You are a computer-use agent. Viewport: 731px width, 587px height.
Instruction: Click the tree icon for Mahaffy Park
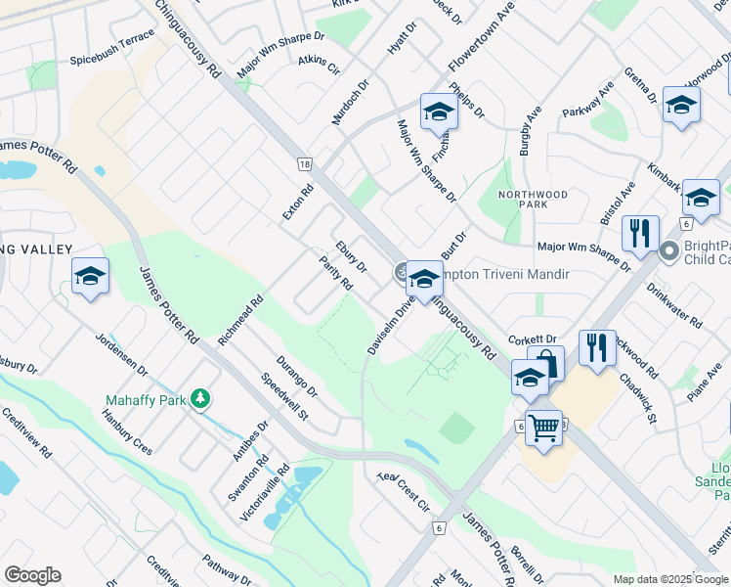tap(200, 398)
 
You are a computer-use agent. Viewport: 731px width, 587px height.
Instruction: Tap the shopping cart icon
tap(543, 427)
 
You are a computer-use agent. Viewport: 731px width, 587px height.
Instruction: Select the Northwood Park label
tap(533, 201)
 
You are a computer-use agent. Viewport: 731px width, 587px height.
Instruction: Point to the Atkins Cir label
tap(319, 66)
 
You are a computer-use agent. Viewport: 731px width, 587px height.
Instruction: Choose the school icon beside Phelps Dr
tap(439, 113)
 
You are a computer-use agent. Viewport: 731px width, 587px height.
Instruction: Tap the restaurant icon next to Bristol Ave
tap(639, 233)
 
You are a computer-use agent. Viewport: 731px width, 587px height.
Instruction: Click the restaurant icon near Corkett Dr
tap(596, 347)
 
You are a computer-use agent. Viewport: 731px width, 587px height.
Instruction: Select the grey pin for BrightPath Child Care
tap(669, 251)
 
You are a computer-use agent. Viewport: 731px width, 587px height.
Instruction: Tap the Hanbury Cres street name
tap(127, 431)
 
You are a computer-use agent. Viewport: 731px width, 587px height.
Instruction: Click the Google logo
tap(32, 575)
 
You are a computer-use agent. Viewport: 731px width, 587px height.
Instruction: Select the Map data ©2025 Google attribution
tap(669, 579)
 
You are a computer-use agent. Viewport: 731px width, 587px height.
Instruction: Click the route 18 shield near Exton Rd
tap(306, 165)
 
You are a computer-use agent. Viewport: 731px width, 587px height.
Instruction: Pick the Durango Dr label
tap(297, 374)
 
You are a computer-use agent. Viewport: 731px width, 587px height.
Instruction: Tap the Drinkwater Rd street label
tap(680, 306)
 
